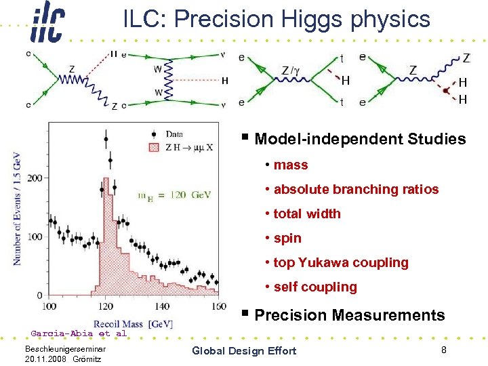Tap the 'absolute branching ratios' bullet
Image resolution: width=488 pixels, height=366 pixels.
point(356,190)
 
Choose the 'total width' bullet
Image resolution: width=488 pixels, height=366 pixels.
point(306,214)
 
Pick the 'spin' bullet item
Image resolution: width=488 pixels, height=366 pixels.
point(287,239)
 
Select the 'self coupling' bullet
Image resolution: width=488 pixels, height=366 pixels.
point(314,287)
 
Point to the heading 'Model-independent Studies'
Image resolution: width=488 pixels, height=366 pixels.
point(360,140)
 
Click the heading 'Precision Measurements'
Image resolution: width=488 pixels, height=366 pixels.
point(349,315)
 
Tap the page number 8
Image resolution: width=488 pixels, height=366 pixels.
point(443,350)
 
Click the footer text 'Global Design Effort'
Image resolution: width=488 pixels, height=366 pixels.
point(244,350)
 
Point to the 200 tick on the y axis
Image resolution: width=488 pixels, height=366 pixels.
point(33,178)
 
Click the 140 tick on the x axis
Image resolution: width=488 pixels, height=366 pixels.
point(161,307)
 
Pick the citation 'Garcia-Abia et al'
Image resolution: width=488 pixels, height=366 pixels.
point(79,333)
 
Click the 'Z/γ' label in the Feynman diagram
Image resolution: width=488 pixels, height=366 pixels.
point(293,70)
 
